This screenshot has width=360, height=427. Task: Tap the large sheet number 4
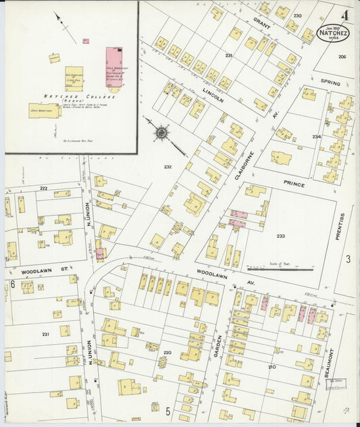(x=345, y=14)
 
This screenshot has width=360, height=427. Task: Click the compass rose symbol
(x=161, y=132)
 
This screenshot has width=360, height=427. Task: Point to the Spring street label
(x=331, y=82)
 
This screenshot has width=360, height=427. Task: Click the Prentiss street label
(x=342, y=226)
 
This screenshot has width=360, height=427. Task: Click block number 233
(x=280, y=236)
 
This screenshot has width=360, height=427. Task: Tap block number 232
(x=168, y=166)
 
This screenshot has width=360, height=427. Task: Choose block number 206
(x=342, y=57)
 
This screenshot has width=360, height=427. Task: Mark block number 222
(x=43, y=189)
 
